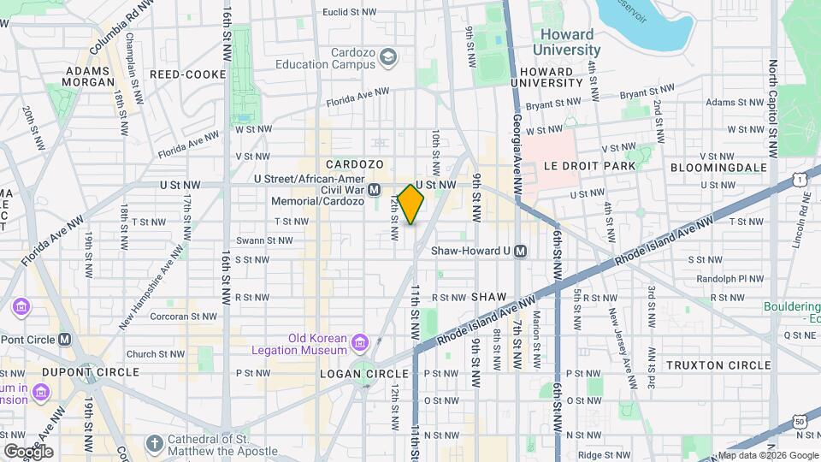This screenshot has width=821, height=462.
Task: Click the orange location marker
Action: click(x=411, y=204)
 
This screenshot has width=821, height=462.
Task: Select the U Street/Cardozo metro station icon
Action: click(x=374, y=190)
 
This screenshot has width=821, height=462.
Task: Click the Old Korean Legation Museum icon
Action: click(x=360, y=343)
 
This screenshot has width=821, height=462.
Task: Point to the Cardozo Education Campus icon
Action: click(x=389, y=56)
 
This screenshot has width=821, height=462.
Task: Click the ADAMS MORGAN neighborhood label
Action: click(x=89, y=76)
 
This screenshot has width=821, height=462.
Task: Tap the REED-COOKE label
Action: click(x=187, y=74)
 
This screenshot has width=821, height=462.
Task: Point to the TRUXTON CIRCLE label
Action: click(x=718, y=364)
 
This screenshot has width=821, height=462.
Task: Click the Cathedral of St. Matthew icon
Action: click(x=154, y=442)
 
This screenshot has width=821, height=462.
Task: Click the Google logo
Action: click(x=28, y=451)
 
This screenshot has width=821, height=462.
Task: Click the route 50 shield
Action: click(x=799, y=421)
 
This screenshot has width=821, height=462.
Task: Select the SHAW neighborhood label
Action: click(x=490, y=296)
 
